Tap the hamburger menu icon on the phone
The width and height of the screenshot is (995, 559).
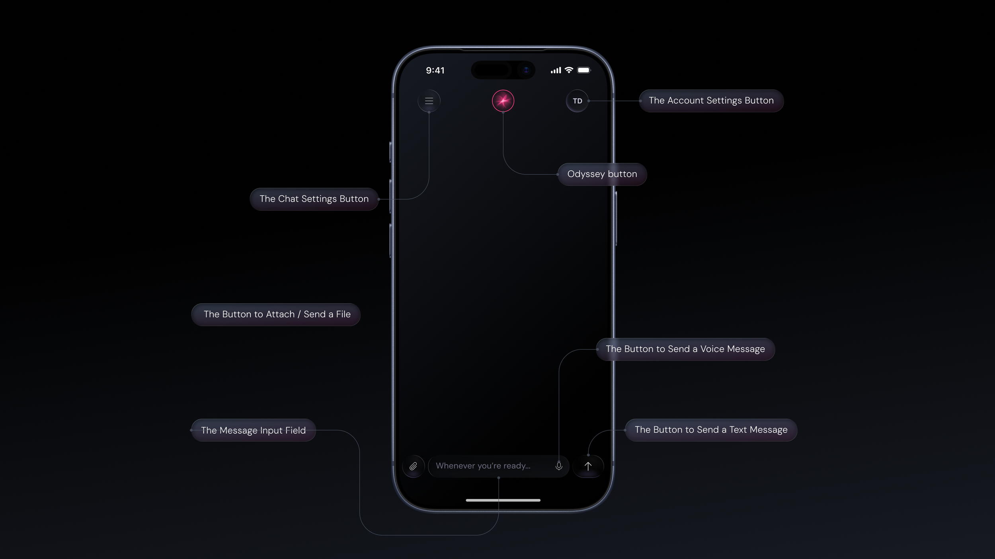(429, 101)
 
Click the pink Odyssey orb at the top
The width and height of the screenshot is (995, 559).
(503, 101)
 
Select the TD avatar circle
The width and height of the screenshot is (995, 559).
(577, 101)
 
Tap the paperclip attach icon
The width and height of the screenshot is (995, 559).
(413, 466)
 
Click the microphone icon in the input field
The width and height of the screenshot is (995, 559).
(559, 466)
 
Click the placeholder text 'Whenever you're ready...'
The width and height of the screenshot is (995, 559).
(483, 466)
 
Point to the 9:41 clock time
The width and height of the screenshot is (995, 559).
(435, 70)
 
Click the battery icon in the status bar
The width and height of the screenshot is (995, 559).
(584, 70)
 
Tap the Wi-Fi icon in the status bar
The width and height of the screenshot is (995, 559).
(569, 70)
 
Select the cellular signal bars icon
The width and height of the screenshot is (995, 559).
(556, 71)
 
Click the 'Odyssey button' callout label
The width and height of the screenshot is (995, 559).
(602, 174)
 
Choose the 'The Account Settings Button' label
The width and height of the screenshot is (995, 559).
(711, 101)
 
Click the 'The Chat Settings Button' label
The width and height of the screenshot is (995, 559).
(314, 199)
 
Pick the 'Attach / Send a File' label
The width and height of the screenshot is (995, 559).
(277, 314)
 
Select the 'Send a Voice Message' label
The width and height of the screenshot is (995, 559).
(685, 349)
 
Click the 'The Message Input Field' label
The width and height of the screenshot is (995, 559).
(254, 430)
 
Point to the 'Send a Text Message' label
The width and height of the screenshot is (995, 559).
(711, 430)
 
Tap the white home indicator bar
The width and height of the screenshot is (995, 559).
(503, 500)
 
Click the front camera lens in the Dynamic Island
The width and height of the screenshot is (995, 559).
(526, 70)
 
